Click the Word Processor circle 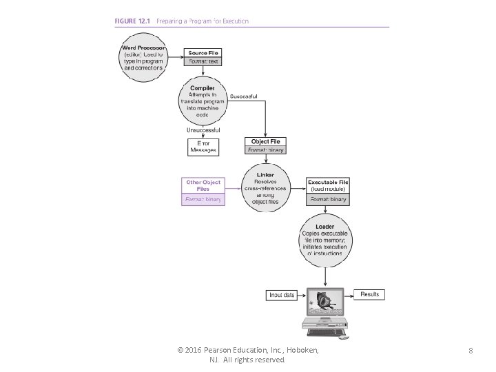pyautogui.click(x=144, y=59)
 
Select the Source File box pyautogui.click(x=203, y=57)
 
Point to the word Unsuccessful pyautogui.click(x=203, y=130)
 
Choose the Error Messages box pyautogui.click(x=203, y=147)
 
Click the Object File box pyautogui.click(x=265, y=145)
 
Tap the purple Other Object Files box pyautogui.click(x=203, y=190)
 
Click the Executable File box pyautogui.click(x=328, y=191)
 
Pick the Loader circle pyautogui.click(x=325, y=238)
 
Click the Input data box pyautogui.click(x=281, y=295)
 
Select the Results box pyautogui.click(x=369, y=294)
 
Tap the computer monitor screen pyautogui.click(x=325, y=302)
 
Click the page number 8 pyautogui.click(x=470, y=351)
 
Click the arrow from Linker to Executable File pyautogui.click(x=296, y=187)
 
